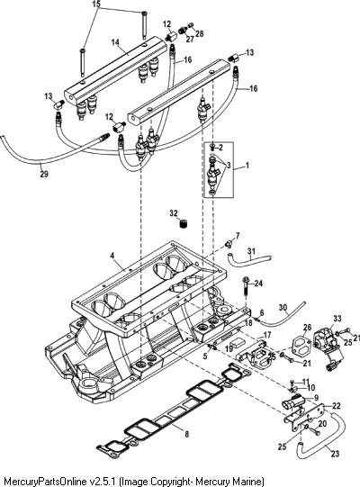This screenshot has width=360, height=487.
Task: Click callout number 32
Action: pos(174,213)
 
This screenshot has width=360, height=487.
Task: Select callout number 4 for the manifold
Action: pos(112,256)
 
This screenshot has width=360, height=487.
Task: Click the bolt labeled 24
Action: pos(246,285)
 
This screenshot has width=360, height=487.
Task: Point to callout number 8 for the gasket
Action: pos(186,434)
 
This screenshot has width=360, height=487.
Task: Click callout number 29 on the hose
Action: pos(44,174)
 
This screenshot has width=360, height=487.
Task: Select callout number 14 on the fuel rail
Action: pos(115,42)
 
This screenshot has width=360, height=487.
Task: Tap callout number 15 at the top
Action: pos(96,4)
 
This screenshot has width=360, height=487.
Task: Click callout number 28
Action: pos(200,33)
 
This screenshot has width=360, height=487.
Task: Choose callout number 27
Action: pos(190,39)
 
